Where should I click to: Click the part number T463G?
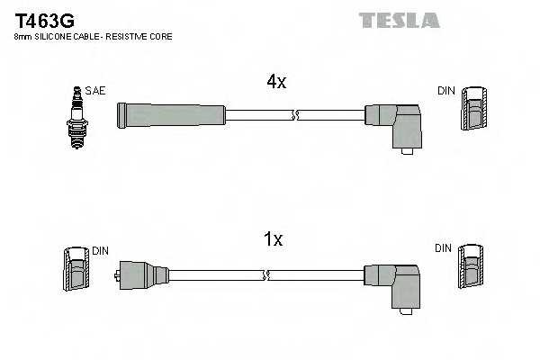pyautogui.click(x=42, y=19)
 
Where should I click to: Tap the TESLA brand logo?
pyautogui.click(x=399, y=20)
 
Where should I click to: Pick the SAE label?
pyautogui.click(x=94, y=91)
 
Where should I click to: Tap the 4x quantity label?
pyautogui.click(x=275, y=82)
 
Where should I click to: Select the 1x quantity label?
pyautogui.click(x=273, y=239)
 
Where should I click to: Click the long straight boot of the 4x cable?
pyautogui.click(x=171, y=114)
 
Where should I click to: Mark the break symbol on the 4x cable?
pyautogui.click(x=295, y=115)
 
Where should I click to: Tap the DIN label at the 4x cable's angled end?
pyautogui.click(x=446, y=91)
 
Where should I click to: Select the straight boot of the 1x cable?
pyautogui.click(x=144, y=273)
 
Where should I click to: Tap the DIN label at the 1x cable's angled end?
pyautogui.click(x=445, y=247)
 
